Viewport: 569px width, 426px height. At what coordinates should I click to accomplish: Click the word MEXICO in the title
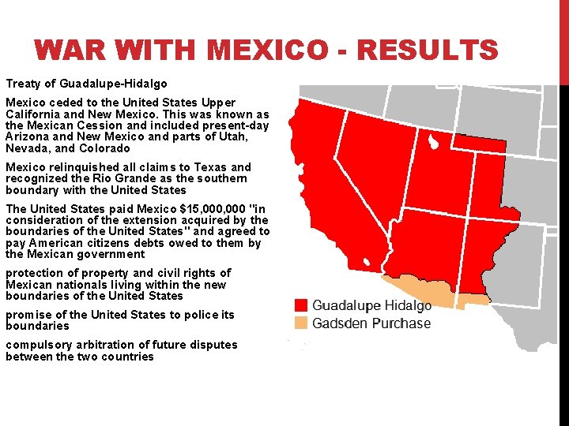(x=269, y=51)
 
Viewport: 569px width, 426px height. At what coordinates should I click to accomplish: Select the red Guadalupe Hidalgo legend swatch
(x=300, y=305)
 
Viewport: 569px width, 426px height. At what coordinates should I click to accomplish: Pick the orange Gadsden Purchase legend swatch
(x=300, y=323)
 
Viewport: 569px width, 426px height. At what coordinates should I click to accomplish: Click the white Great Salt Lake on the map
(x=433, y=143)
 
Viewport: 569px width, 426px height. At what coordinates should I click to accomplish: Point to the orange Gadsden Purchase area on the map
(x=427, y=290)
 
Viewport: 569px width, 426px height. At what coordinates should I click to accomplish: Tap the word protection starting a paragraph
(x=31, y=273)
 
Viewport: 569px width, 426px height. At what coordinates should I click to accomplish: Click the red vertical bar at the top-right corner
(x=563, y=39)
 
